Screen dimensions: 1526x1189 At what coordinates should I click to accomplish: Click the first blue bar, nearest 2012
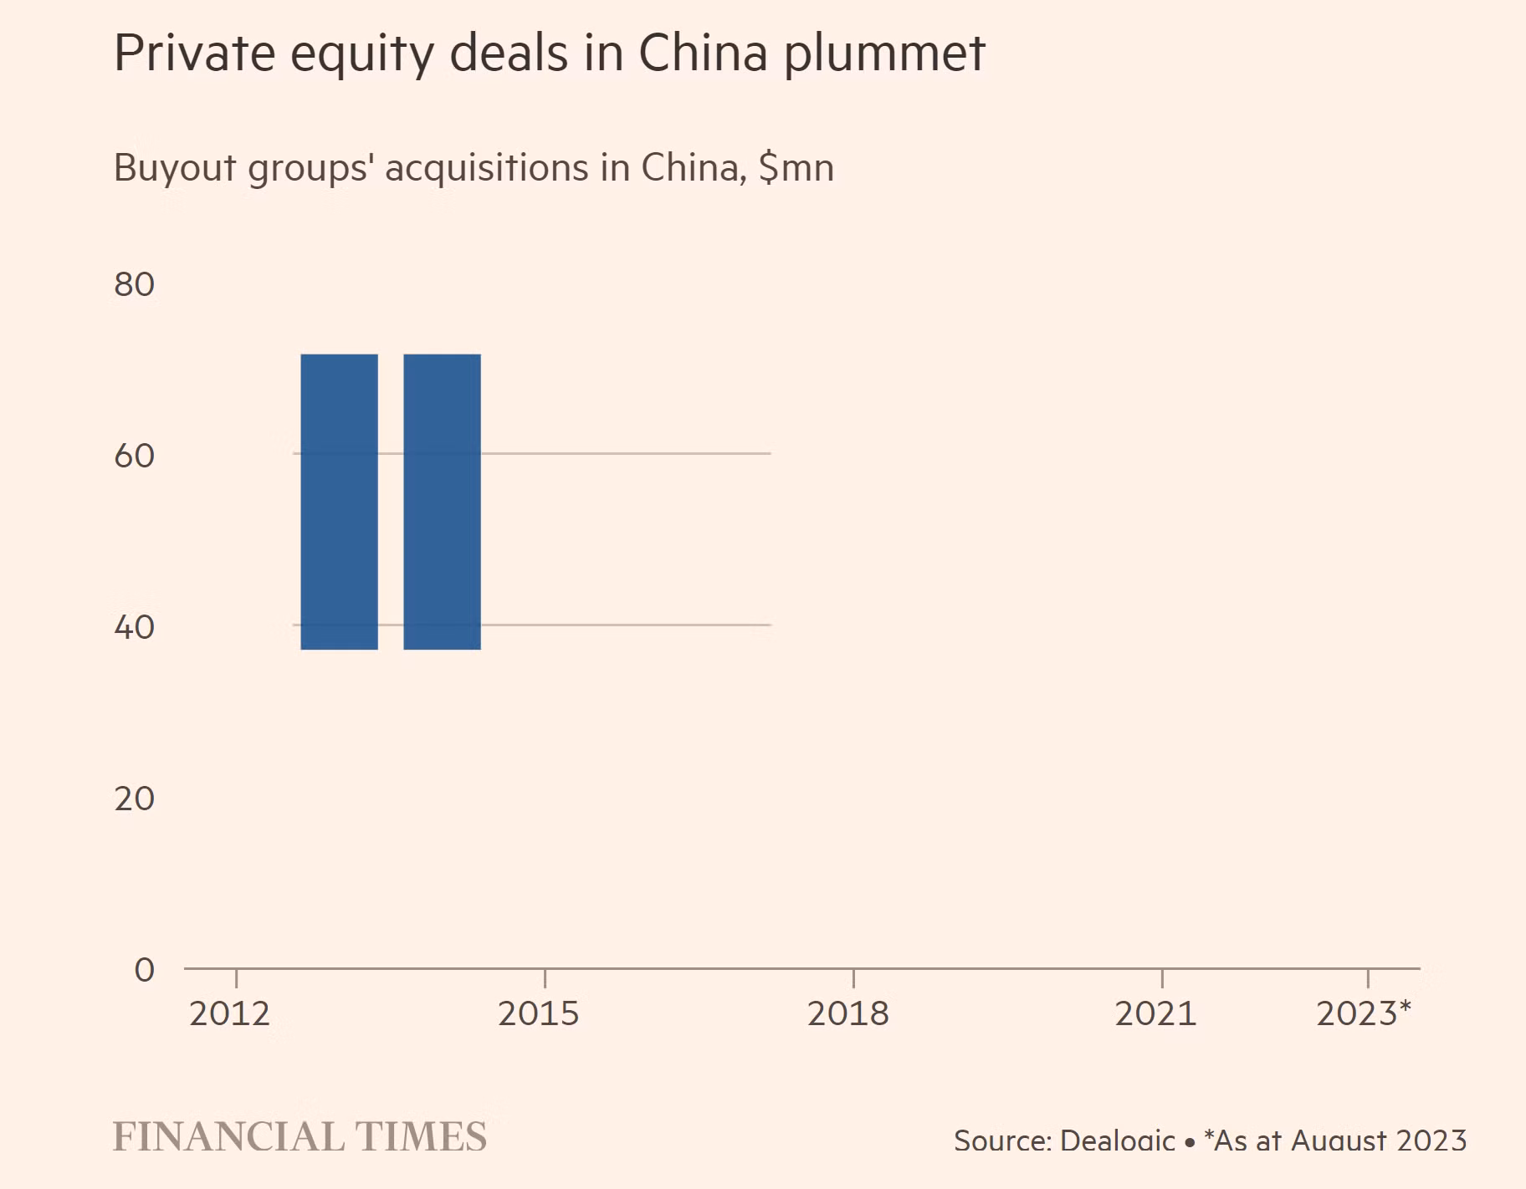[x=339, y=502]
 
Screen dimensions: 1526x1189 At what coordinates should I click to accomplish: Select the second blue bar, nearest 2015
[x=442, y=502]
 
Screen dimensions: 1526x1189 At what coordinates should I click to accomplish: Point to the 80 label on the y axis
[x=135, y=285]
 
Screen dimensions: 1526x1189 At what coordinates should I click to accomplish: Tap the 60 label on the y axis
[x=135, y=457]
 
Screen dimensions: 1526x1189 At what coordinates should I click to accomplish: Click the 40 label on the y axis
[x=135, y=628]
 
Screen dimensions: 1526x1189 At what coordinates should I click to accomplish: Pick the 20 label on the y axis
[x=135, y=799]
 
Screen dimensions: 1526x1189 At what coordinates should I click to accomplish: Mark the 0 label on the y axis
[x=145, y=970]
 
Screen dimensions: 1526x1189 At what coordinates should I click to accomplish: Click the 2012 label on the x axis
[x=230, y=1014]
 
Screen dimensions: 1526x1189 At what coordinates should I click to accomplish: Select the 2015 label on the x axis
[x=539, y=1014]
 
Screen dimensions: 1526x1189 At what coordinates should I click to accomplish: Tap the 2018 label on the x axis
[x=847, y=1014]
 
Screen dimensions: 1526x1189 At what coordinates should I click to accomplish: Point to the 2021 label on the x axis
[x=1155, y=1014]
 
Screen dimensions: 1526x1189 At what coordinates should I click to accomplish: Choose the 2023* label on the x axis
[x=1364, y=1014]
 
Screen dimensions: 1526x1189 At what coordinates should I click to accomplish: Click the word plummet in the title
[x=885, y=55]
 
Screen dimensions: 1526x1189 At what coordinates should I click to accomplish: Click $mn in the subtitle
[x=796, y=168]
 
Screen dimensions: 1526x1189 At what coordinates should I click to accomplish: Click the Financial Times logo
[x=300, y=1137]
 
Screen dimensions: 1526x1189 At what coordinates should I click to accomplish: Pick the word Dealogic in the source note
[x=1118, y=1141]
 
